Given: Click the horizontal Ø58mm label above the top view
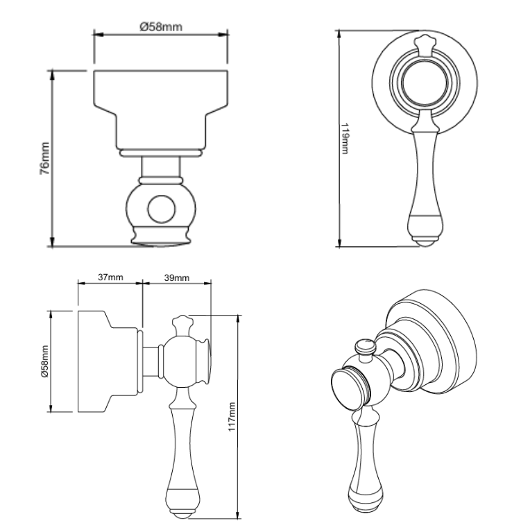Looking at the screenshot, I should pos(160,27).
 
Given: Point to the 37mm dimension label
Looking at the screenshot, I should pos(110,277).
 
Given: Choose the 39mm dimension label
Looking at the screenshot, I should pos(176,277).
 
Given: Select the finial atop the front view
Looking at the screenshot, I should pos(425,42).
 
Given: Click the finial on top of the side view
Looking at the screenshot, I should pos(184,323).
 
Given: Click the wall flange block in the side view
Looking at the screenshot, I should pos(104,361).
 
